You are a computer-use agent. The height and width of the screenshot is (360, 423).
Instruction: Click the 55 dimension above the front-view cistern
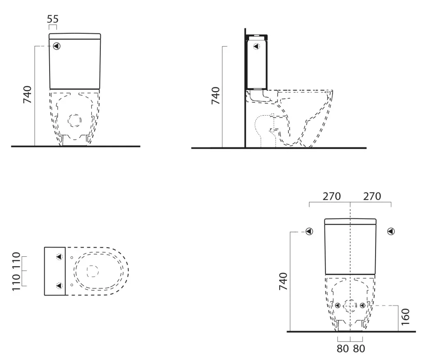point(52,19)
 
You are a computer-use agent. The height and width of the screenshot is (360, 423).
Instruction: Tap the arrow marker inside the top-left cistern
point(57,46)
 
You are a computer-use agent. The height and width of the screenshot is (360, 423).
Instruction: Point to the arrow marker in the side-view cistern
point(256,46)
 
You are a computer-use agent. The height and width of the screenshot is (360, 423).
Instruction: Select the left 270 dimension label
point(332,197)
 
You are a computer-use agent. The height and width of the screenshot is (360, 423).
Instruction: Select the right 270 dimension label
point(372,197)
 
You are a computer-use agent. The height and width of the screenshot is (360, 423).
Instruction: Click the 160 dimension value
point(406,317)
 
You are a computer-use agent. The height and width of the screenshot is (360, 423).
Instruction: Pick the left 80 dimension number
point(342,349)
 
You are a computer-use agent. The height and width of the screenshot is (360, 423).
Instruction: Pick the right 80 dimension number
point(359,349)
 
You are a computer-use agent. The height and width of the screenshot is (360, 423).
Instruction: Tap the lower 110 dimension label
point(16,282)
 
